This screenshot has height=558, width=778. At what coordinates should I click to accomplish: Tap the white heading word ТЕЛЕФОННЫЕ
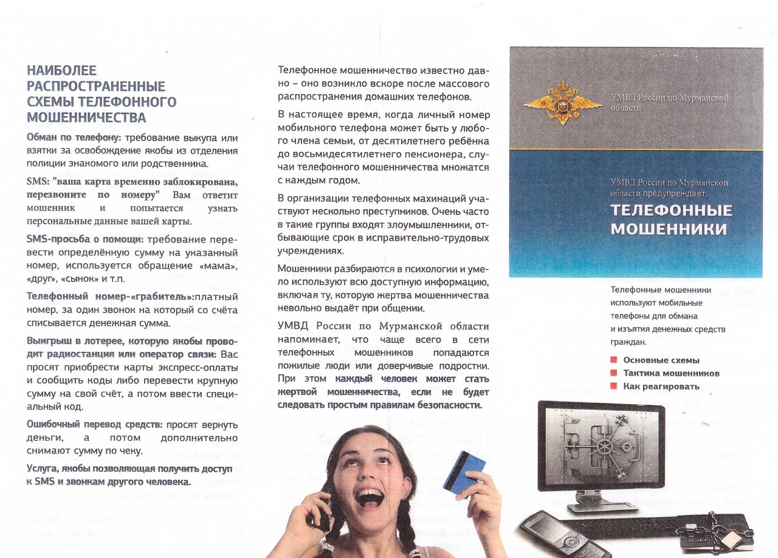click(x=671, y=210)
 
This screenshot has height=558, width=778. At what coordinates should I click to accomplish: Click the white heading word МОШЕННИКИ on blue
click(x=669, y=229)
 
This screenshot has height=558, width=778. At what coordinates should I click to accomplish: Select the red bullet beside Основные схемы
click(x=614, y=360)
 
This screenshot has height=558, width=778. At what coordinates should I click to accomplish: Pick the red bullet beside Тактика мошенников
click(x=614, y=373)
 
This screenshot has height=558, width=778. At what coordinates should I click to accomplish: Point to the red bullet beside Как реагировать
click(x=614, y=386)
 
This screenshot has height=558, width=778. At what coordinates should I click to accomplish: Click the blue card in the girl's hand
click(x=465, y=471)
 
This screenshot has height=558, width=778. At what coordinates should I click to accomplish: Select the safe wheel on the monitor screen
click(x=604, y=447)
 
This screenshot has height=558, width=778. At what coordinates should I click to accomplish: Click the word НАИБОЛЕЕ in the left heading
click(x=62, y=71)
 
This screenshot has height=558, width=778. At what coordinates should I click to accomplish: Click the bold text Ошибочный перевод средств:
click(x=95, y=424)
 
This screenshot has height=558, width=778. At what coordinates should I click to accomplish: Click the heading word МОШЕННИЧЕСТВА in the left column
click(x=87, y=117)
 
